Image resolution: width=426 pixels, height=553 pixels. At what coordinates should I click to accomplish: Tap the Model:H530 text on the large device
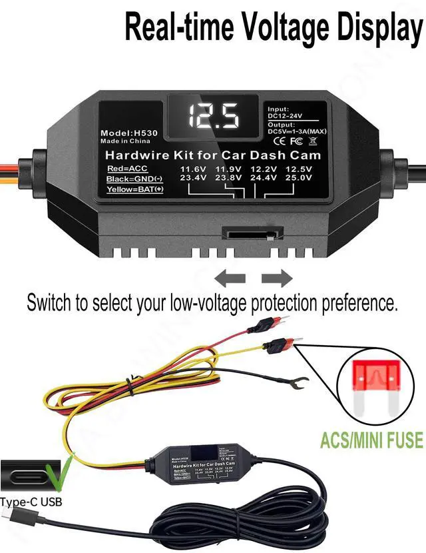(x=129, y=133)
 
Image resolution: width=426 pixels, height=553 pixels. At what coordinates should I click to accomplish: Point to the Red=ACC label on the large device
(x=126, y=169)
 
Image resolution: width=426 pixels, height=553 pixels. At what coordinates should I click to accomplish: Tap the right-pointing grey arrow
(x=277, y=278)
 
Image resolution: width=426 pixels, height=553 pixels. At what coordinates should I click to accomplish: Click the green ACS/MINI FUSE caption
(x=371, y=440)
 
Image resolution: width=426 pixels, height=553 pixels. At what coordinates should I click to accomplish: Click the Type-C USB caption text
(x=31, y=501)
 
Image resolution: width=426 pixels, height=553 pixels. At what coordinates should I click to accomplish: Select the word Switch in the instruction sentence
(x=48, y=302)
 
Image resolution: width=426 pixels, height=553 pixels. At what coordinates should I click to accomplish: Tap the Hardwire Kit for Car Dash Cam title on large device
(x=213, y=155)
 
